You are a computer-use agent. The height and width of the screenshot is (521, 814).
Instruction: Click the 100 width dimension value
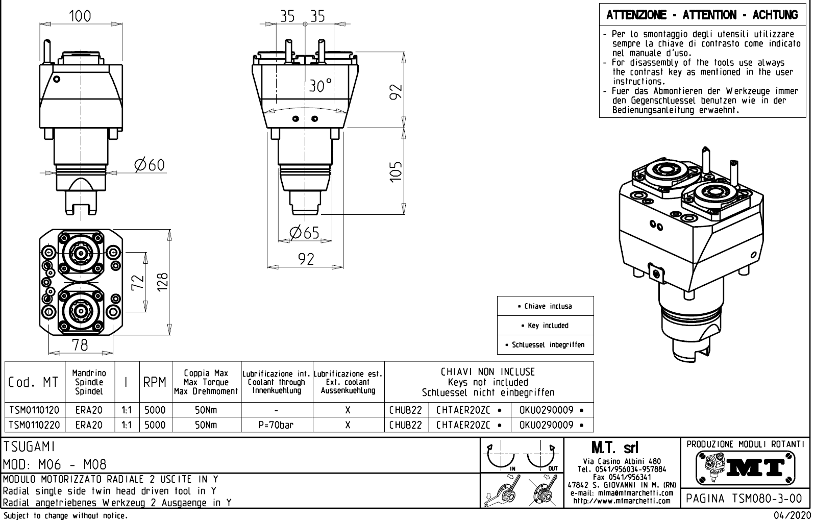pos(80,16)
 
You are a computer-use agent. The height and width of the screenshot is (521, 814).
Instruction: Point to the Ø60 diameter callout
pos(150,165)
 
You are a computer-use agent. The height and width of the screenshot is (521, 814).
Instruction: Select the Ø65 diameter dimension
pos(304,233)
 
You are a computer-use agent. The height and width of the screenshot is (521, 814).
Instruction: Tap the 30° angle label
pos(320,86)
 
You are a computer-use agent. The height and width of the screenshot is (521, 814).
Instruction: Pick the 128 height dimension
pos(163,282)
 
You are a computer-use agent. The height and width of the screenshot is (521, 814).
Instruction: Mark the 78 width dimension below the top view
pos(80,345)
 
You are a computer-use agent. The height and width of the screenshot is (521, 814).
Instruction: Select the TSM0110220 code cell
pos(34,425)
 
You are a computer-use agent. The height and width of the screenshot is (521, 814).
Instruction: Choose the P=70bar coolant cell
pos(276,425)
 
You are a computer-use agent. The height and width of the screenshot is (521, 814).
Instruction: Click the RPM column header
pos(155,382)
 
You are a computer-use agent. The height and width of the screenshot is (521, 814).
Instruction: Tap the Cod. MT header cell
pos(34,382)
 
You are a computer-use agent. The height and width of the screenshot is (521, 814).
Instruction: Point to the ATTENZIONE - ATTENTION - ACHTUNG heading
pos(702,15)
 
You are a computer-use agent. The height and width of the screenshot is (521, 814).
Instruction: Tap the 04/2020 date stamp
pos(789,515)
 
